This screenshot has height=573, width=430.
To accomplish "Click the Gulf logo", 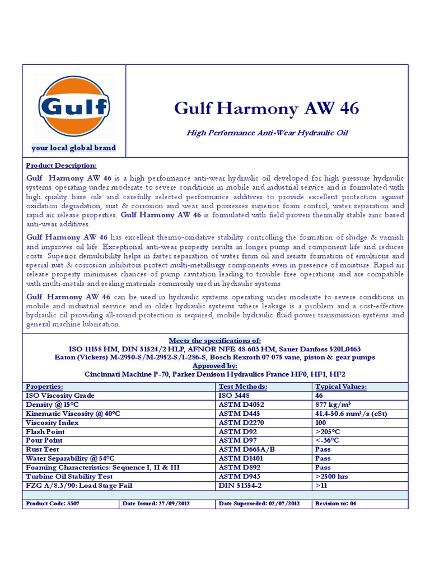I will pos(74,106).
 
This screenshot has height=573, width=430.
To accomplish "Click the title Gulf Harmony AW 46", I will pos(267,108).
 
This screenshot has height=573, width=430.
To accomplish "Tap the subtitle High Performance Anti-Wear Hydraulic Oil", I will pos(267,133).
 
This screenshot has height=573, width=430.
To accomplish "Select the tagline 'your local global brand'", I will pos(74,148).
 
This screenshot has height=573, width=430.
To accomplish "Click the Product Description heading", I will pos(62,166).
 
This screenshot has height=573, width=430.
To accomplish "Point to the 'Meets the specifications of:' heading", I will pos(215,341).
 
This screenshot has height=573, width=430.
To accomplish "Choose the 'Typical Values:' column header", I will pos(341,387).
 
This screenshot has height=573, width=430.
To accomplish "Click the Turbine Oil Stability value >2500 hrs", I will pos(331,476).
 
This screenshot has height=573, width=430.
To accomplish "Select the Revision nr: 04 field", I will pos(336,504).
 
